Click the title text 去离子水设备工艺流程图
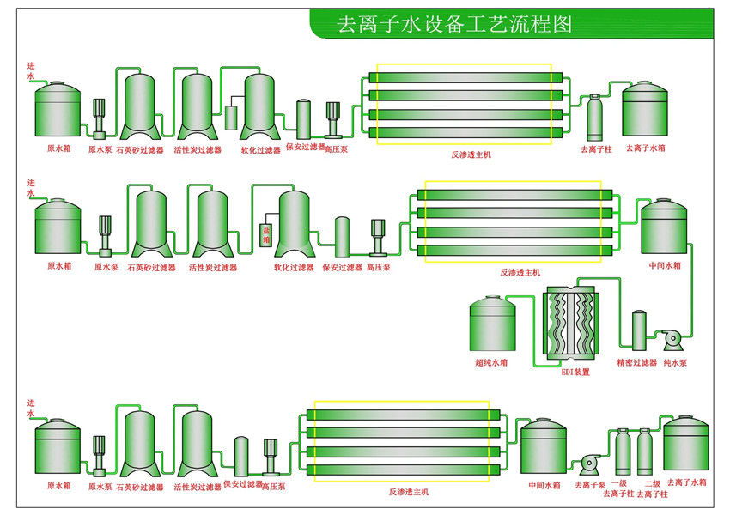pyautogui.click(x=454, y=24)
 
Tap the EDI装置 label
pyautogui.click(x=575, y=373)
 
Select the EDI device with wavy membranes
pyautogui.click(x=571, y=323)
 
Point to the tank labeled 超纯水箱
pyautogui.click(x=492, y=324)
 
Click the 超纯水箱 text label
pyautogui.click(x=491, y=362)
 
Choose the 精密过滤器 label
pyautogui.click(x=636, y=362)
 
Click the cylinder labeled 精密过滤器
pyautogui.click(x=639, y=330)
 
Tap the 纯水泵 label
pyautogui.click(x=675, y=362)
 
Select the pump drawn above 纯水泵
pyautogui.click(x=672, y=340)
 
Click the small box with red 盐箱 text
pyautogui.click(x=266, y=235)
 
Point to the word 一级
pyautogui.click(x=619, y=483)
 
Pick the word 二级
pyautogui.click(x=652, y=484)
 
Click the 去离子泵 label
pyautogui.click(x=590, y=485)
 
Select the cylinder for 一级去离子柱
pyautogui.click(x=623, y=451)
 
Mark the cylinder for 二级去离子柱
pyautogui.click(x=645, y=451)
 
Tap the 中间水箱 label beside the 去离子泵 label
pyautogui.click(x=544, y=485)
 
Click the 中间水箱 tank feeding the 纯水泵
pyautogui.click(x=664, y=226)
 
